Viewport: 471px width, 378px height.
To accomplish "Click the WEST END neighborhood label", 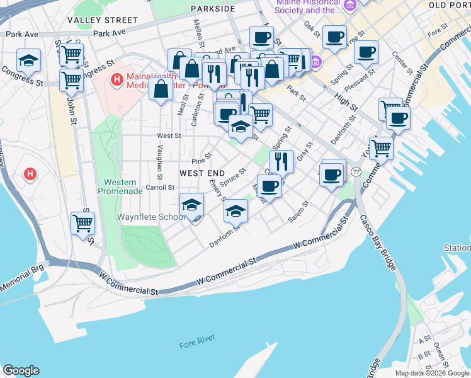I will tap(201, 173).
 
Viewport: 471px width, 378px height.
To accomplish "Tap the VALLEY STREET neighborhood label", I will tap(102, 20).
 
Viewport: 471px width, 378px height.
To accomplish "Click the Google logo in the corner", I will tap(21, 370).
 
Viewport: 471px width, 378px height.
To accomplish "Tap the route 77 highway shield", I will tap(356, 172).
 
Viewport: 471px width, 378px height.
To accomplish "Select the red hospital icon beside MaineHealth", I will tap(116, 80).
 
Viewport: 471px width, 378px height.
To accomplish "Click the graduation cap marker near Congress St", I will tap(28, 61).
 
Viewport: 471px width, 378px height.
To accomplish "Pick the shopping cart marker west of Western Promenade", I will tap(83, 223).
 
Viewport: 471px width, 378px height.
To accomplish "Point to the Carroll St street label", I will tap(160, 187).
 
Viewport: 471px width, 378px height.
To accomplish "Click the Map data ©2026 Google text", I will tap(431, 373).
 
